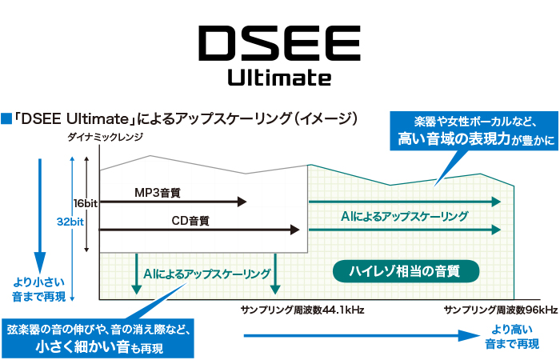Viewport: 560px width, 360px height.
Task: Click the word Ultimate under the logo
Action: pos(279,78)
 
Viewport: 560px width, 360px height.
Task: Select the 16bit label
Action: pos(84,203)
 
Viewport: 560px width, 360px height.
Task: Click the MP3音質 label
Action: pos(158,192)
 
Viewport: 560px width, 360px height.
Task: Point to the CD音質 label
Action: pos(191,220)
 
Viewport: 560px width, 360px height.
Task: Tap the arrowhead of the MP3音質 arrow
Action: pos(242,203)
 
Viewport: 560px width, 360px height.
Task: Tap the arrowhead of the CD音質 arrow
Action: pos(295,230)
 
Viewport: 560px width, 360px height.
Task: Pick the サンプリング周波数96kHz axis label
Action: pos(501,310)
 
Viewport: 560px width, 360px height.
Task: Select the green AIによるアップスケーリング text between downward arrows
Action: pos(207,274)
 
